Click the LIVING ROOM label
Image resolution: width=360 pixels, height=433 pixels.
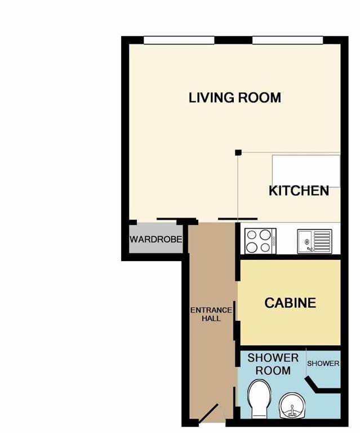pyautogui.click(x=235, y=98)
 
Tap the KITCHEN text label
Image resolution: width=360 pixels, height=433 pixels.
pyautogui.click(x=299, y=191)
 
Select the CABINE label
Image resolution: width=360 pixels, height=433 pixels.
pyautogui.click(x=290, y=303)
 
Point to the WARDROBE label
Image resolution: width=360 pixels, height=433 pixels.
pyautogui.click(x=156, y=239)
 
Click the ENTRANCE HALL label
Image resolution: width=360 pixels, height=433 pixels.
pyautogui.click(x=211, y=314)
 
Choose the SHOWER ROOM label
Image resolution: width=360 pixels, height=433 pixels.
pyautogui.click(x=273, y=364)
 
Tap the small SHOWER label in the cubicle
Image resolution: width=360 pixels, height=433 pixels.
pyautogui.click(x=323, y=364)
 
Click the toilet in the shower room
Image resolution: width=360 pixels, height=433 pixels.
pyautogui.click(x=259, y=399)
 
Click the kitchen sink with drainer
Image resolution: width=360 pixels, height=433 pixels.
pyautogui.click(x=315, y=241)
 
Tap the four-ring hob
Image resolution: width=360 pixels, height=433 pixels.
pyautogui.click(x=261, y=241)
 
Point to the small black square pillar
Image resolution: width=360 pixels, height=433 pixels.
pyautogui.click(x=238, y=152)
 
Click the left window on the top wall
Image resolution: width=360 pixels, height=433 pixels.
pyautogui.click(x=179, y=41)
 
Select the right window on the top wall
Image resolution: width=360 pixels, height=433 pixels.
pyautogui.click(x=288, y=41)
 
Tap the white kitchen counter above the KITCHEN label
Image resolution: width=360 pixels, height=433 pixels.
pyautogui.click(x=306, y=171)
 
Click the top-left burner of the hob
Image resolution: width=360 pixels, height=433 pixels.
pyautogui.click(x=251, y=235)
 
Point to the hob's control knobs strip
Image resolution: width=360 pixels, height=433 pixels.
pyautogui.click(x=273, y=241)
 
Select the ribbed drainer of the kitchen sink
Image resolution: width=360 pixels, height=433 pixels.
pyautogui.click(x=322, y=241)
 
